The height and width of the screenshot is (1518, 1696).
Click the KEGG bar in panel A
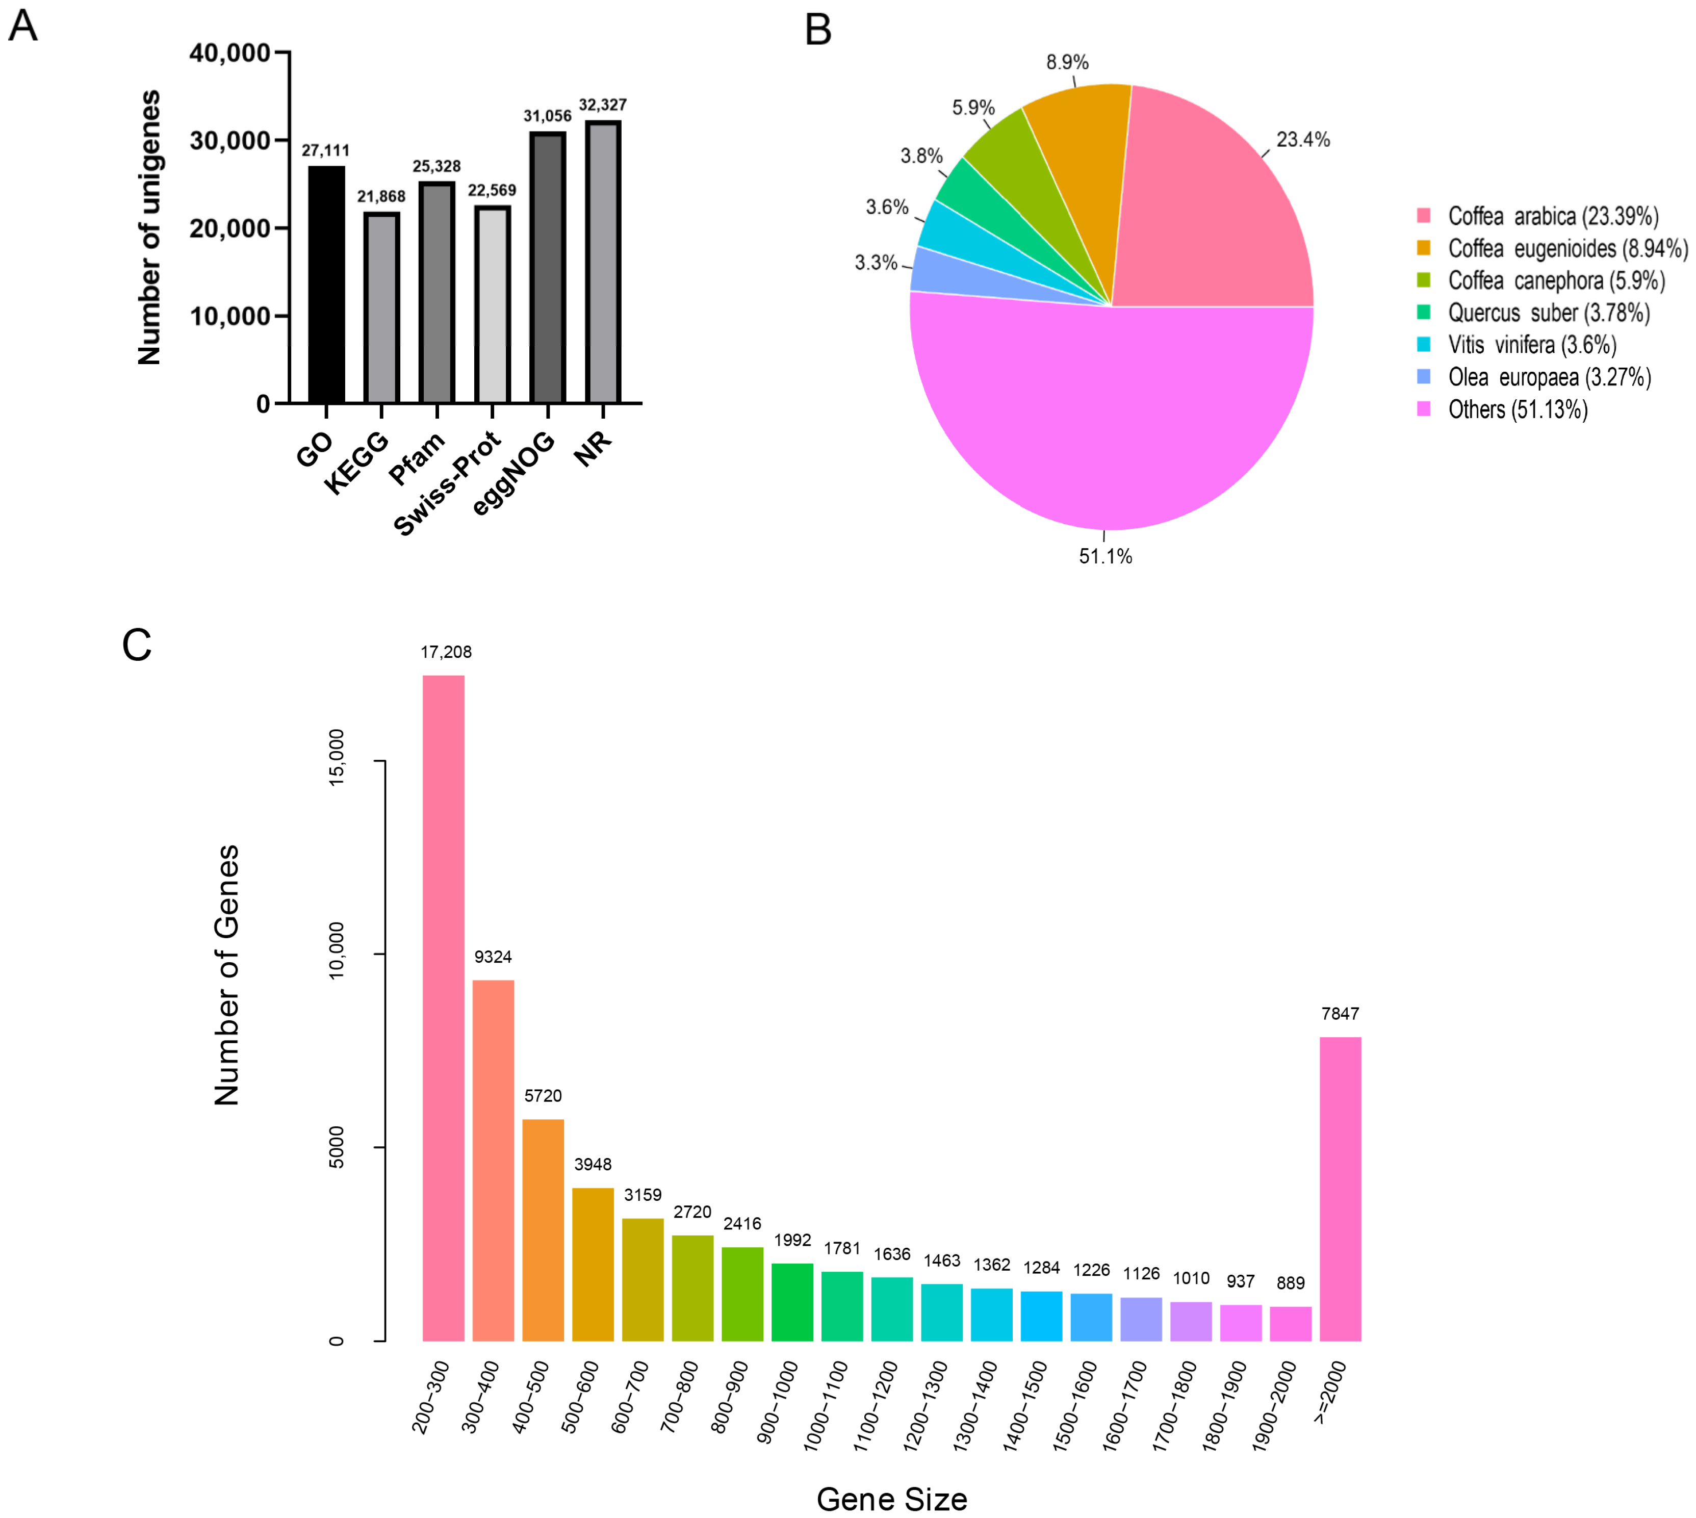click(381, 308)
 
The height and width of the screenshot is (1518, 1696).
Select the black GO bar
click(326, 285)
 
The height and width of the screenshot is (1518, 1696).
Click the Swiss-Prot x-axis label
click(447, 484)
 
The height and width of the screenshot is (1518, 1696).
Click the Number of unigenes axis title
click(149, 228)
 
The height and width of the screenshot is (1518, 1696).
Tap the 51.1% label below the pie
click(1106, 556)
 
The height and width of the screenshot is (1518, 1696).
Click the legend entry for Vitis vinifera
click(1532, 345)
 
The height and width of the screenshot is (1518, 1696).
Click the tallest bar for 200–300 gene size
click(443, 1009)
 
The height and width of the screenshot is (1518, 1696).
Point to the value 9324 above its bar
click(493, 957)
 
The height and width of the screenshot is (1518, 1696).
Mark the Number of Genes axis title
click(227, 976)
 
